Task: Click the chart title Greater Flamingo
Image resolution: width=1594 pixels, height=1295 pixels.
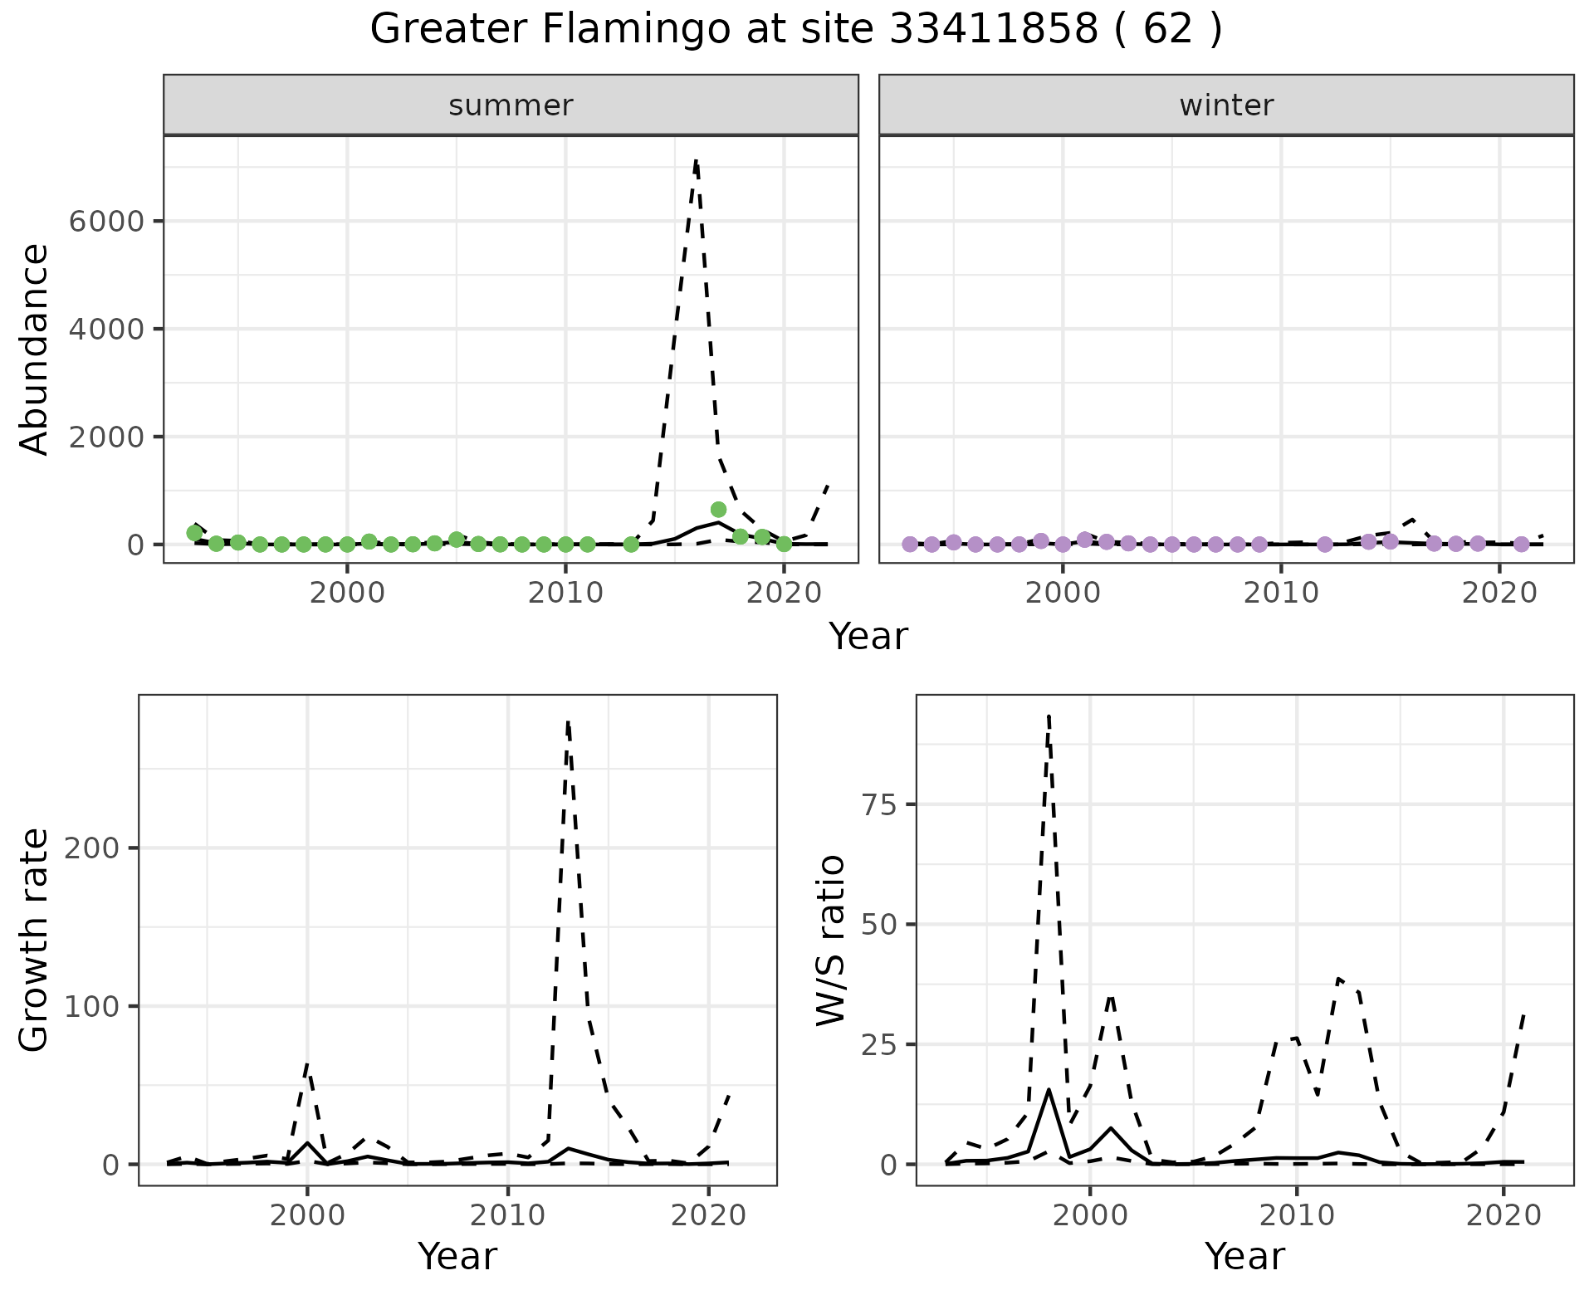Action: [x=795, y=30]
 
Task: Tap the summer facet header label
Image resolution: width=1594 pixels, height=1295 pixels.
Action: [x=511, y=105]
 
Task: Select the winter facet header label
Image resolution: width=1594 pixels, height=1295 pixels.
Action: [x=1226, y=105]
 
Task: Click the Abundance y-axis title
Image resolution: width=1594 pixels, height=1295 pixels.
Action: [x=35, y=349]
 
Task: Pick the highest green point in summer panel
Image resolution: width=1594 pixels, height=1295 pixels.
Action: [x=718, y=509]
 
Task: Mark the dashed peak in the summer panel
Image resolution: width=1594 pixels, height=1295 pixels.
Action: [x=696, y=159]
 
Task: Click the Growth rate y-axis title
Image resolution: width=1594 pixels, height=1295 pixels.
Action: [x=35, y=940]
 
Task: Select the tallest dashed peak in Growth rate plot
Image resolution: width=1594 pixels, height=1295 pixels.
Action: [x=568, y=722]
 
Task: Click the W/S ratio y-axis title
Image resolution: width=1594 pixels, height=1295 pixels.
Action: [x=830, y=940]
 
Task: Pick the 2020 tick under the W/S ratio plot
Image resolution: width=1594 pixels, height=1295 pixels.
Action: [x=1504, y=1216]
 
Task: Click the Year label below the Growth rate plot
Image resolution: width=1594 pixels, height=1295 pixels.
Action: [x=457, y=1256]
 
